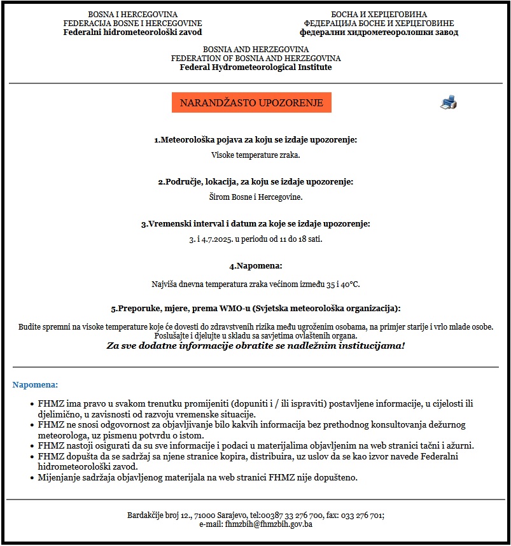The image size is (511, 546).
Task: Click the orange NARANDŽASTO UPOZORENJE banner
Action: pos(251,102)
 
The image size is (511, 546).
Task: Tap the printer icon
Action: pos(448,102)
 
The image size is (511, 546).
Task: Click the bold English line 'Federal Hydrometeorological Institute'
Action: pos(255,67)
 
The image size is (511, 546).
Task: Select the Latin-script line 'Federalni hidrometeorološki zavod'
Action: pos(133,32)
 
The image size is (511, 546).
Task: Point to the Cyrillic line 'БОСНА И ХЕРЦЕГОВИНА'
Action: pos(379,14)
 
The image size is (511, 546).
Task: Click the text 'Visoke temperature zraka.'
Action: pos(255,155)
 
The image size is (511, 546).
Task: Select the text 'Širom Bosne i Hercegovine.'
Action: pos(255,197)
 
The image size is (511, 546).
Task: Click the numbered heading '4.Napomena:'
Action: pos(255,266)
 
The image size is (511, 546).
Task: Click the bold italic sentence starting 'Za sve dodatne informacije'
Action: pos(255,346)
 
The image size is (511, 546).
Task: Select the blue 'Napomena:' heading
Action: pos(35,385)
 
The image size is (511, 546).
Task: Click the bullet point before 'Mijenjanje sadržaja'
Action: pos(32,477)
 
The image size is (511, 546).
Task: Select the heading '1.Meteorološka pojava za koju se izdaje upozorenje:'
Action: pos(255,139)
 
